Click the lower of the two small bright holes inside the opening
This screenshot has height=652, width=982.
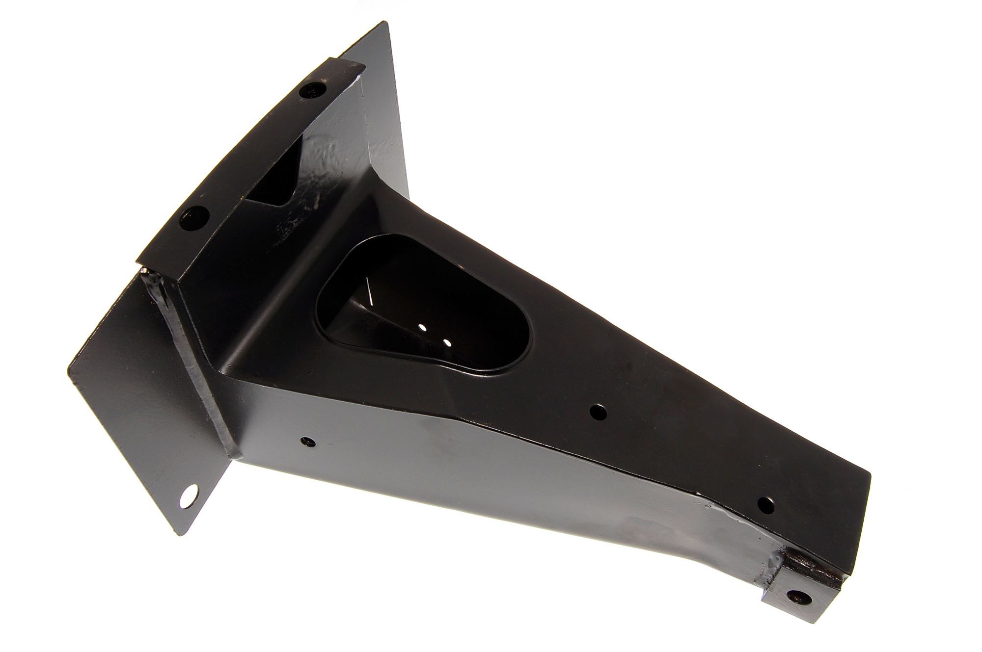[x=446, y=342]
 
